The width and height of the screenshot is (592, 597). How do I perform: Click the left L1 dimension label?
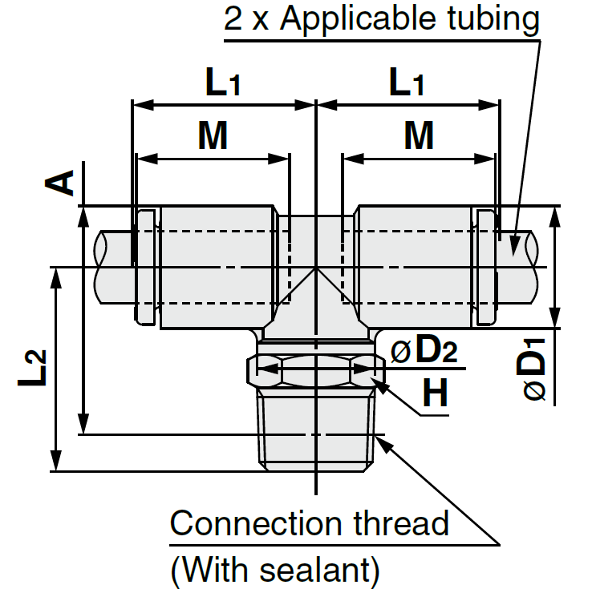(x=222, y=83)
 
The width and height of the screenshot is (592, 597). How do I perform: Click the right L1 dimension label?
(x=407, y=83)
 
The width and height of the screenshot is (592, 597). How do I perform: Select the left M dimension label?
(x=213, y=137)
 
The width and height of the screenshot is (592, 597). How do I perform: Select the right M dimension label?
(x=419, y=137)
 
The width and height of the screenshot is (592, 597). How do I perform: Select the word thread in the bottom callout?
(x=402, y=524)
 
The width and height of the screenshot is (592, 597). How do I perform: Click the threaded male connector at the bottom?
(x=316, y=429)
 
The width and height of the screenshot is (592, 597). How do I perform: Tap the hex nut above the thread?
(x=316, y=369)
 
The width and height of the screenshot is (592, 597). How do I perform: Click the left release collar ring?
(x=145, y=267)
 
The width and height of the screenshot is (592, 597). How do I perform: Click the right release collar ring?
(x=486, y=267)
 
